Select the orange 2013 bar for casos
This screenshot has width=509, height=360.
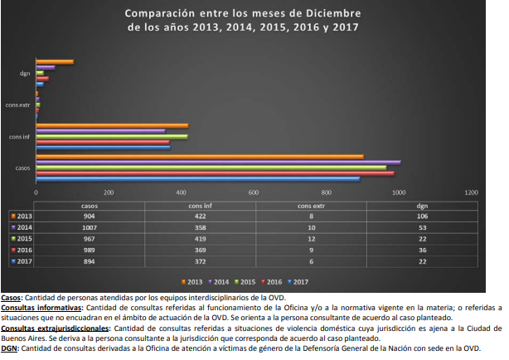point(199,156)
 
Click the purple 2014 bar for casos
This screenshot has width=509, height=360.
point(218,162)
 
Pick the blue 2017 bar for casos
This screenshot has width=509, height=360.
point(197,178)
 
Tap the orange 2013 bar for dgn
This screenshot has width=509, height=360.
point(55,62)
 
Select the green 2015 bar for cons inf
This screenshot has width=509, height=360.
point(111,136)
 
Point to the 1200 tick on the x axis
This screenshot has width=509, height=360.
point(472,192)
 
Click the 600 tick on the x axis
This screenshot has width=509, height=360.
point(254,192)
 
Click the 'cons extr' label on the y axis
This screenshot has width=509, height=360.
point(17,105)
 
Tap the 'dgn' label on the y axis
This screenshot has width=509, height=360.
point(25,73)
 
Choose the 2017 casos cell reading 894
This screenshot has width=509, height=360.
point(90,260)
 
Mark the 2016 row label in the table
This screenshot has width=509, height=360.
point(24,249)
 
